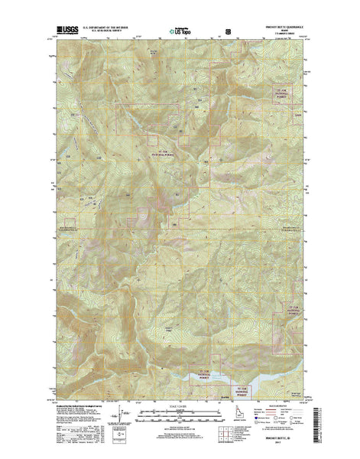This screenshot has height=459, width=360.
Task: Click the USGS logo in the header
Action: [66, 31]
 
